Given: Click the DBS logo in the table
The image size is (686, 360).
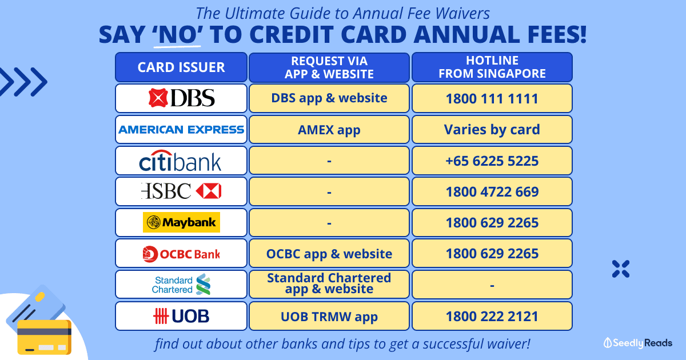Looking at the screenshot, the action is (181, 98).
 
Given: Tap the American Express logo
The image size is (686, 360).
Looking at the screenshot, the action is (181, 130).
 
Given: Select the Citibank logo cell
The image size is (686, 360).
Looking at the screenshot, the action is (181, 161).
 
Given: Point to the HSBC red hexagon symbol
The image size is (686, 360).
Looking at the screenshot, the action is (209, 191).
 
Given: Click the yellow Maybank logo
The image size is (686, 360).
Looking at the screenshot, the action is (181, 222).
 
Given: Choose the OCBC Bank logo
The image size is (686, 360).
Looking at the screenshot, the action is (181, 254).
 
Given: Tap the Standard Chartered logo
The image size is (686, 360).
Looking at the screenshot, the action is (181, 285).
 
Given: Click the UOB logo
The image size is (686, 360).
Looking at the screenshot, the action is (181, 316).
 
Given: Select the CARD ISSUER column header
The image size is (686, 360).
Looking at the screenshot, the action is (181, 67).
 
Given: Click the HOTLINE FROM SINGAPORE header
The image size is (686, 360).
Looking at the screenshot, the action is (492, 67).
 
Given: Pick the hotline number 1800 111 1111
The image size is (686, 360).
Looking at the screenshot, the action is (492, 98).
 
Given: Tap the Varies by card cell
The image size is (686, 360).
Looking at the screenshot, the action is (492, 130).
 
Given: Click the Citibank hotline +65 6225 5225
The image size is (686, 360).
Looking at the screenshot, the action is (492, 161).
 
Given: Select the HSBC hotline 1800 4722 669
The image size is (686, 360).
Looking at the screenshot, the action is (492, 191).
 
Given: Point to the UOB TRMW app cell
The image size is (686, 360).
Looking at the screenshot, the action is (329, 316).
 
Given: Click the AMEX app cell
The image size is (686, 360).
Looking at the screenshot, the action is (329, 130).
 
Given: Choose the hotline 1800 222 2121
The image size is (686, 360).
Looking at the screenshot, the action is (492, 316).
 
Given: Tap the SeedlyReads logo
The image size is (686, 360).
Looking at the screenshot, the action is (637, 343).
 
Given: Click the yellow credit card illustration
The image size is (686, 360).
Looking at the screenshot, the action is (45, 337).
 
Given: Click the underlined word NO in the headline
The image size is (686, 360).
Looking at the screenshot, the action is (177, 34).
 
